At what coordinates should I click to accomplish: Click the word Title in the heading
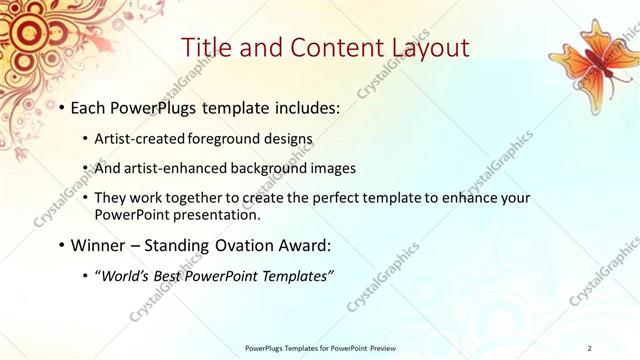click(x=211, y=47)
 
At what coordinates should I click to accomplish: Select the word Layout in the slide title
click(x=423, y=47)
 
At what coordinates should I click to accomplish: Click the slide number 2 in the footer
click(x=590, y=347)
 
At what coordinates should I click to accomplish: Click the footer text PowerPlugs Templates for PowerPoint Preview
click(x=319, y=347)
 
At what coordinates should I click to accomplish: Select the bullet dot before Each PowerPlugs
click(x=64, y=106)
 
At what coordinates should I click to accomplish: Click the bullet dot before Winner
click(x=64, y=244)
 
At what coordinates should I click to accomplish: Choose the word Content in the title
click(x=331, y=47)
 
